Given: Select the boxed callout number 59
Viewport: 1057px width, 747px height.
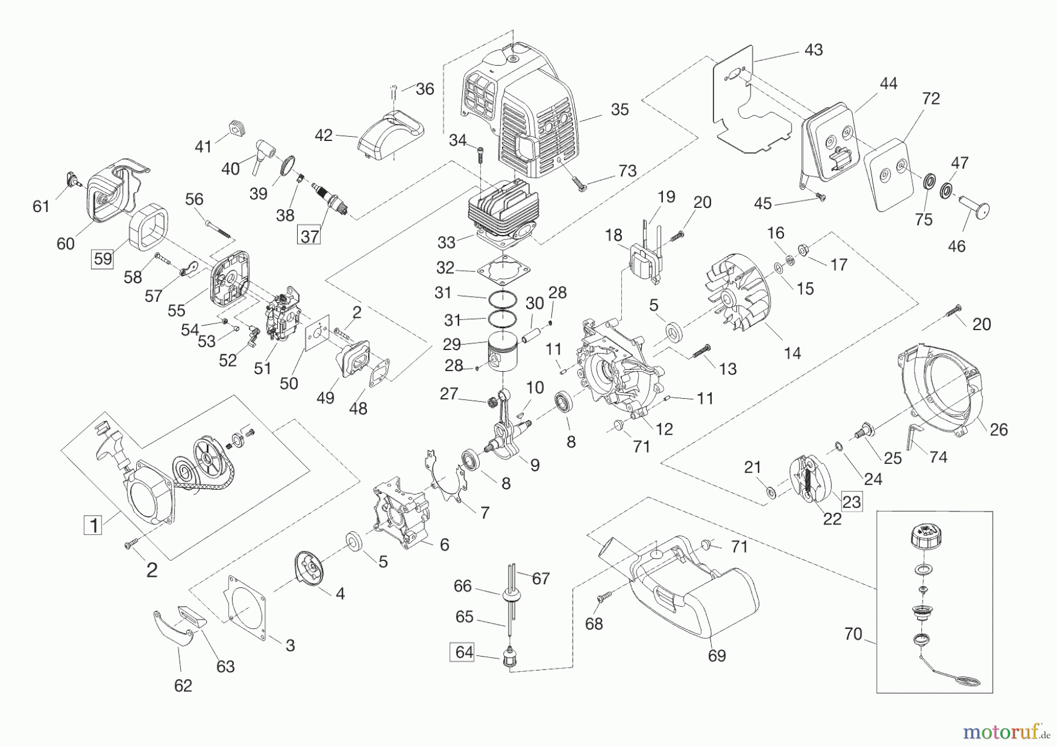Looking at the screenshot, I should tap(103, 258).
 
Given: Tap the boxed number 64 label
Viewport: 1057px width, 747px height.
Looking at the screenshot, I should tap(464, 652).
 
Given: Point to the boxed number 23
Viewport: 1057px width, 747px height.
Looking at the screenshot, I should tap(851, 501).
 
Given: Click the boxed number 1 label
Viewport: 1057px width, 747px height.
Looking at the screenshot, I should tap(93, 524).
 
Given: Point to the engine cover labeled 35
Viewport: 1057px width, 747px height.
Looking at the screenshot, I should tap(528, 117).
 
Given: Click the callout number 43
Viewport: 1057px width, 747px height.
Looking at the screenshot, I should tap(813, 50).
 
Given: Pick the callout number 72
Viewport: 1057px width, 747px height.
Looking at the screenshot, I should tap(931, 98).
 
